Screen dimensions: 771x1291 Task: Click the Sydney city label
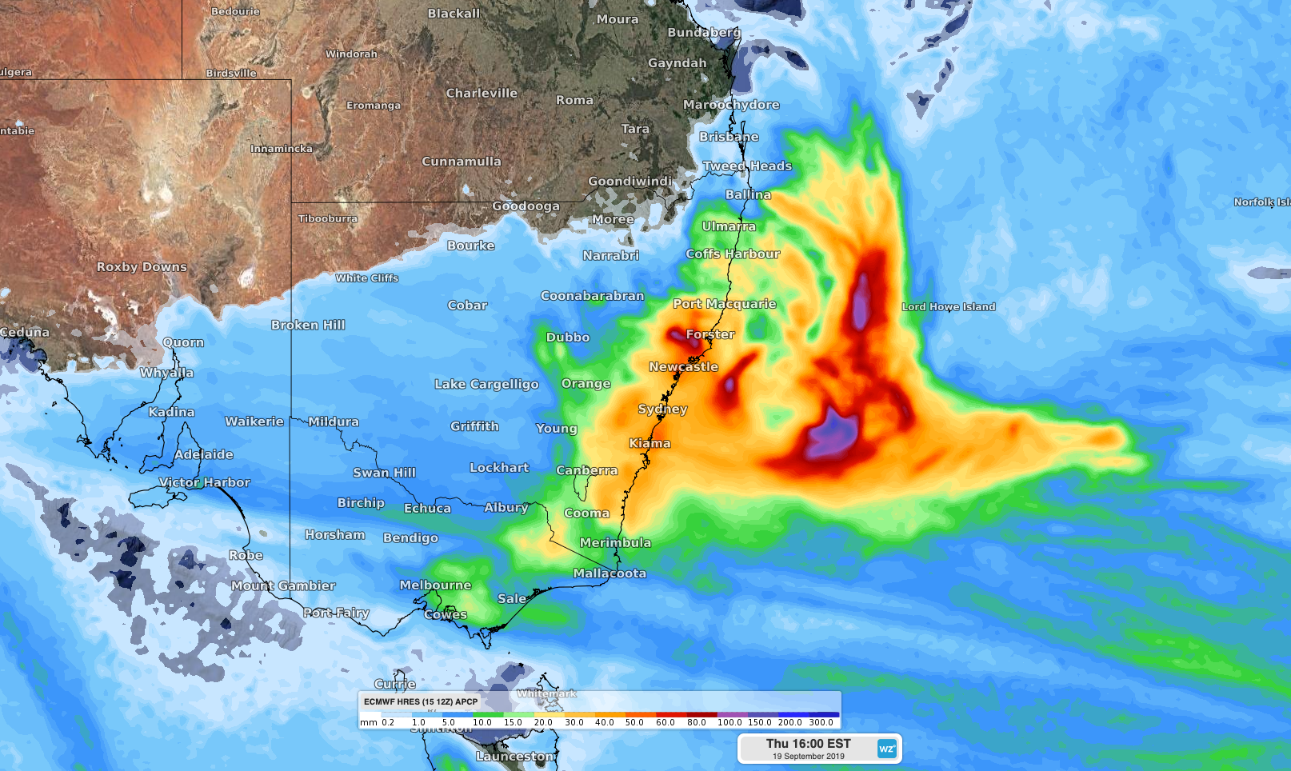[662, 409]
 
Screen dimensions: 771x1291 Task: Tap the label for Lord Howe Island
[949, 306]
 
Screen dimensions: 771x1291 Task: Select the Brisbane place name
[729, 137]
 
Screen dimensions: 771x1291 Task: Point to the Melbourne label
[435, 585]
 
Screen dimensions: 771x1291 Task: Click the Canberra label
[586, 470]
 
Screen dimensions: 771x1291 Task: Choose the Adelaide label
[204, 454]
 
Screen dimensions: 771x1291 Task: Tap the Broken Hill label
[308, 325]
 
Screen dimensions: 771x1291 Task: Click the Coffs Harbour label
[733, 254]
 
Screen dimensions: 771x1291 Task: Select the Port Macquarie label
[725, 304]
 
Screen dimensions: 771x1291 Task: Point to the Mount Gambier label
[283, 585]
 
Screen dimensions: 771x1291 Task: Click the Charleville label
[482, 94]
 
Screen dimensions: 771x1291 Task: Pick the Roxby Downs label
[142, 267]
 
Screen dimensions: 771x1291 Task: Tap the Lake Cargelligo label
[486, 384]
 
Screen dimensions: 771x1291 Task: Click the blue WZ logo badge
[886, 749]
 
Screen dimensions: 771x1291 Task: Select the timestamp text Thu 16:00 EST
[808, 743]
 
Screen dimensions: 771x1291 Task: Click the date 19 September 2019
[808, 757]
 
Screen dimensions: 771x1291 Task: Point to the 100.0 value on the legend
[729, 722]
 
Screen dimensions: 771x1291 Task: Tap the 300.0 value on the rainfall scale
[821, 722]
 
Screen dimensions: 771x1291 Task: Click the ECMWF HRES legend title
[421, 701]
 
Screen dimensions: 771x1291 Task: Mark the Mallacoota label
[610, 573]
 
